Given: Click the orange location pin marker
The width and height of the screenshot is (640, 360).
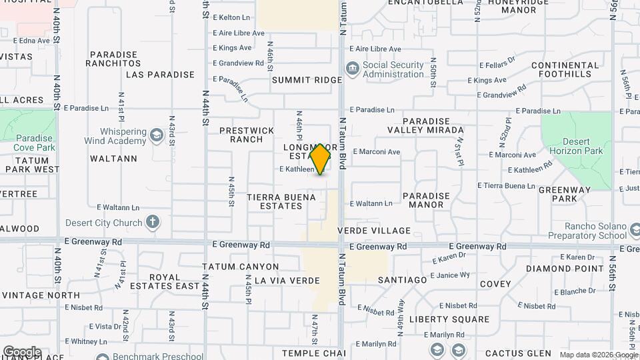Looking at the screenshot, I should tap(320, 159).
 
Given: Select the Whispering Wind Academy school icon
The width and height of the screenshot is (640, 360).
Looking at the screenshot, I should tap(157, 136).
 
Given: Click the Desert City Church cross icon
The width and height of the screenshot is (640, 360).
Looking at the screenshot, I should tap(153, 222).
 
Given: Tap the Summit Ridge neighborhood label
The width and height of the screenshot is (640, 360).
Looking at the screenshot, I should tap(307, 80).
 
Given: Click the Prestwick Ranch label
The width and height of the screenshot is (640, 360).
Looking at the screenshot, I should tap(247, 135).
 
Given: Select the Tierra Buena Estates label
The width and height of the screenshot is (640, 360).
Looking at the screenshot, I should tap(275, 201).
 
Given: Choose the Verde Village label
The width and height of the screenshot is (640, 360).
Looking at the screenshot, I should tap(374, 231).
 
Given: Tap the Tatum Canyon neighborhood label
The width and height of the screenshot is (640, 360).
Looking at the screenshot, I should tap(240, 267).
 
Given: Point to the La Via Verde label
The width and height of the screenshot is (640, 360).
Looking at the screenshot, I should tap(287, 281).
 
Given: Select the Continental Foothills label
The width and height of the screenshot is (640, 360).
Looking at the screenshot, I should tap(565, 70).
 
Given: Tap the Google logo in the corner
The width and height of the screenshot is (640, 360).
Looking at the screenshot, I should tap(22, 352).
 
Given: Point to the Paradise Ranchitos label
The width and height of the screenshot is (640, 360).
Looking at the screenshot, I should tap(113, 59).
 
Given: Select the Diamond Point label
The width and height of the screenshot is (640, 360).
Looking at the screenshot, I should tap(565, 269).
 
